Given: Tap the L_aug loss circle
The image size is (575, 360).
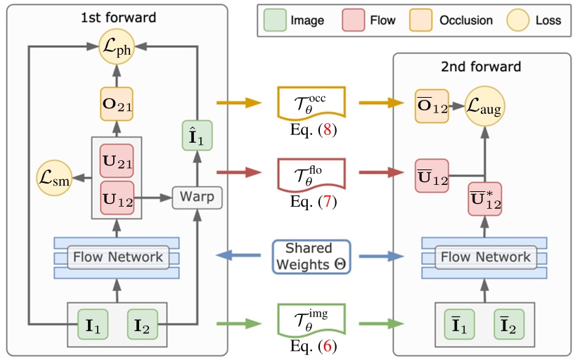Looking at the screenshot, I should pyautogui.click(x=484, y=108).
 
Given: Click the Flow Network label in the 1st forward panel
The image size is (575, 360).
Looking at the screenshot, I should pyautogui.click(x=117, y=257).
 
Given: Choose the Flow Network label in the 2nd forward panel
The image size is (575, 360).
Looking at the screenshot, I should pyautogui.click(x=485, y=257).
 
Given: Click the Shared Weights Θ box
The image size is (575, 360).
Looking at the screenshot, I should pyautogui.click(x=312, y=257).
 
